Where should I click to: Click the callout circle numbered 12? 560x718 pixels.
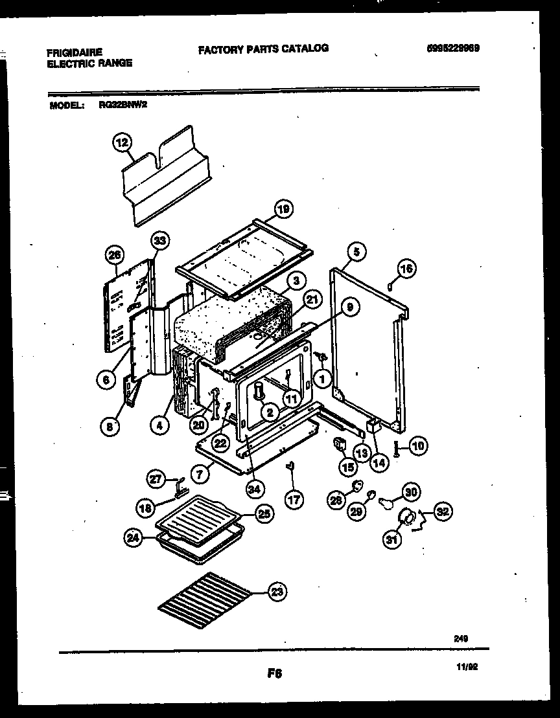pos(122,141)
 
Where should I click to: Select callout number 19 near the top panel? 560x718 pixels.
pos(283,208)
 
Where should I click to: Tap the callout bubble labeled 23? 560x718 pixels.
pos(277,591)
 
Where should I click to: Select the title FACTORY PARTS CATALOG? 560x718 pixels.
pos(263,48)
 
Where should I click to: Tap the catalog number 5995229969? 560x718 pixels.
pos(453,48)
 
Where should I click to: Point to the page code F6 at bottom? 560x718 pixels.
pos(275,673)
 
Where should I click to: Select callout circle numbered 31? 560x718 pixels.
pos(391,540)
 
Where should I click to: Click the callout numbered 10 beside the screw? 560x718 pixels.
pos(419,446)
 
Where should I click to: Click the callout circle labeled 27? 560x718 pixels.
pos(156,480)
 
